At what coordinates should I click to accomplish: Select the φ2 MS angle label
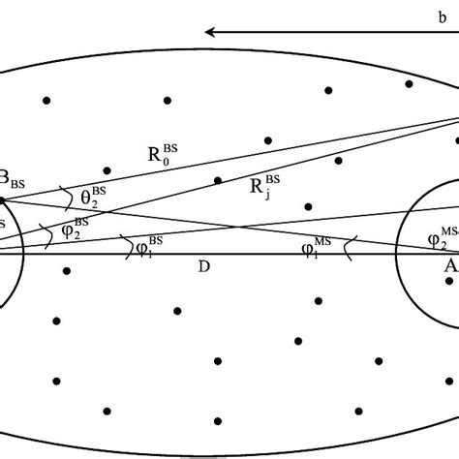pos(442,235)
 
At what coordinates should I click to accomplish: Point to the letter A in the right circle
pos(451,265)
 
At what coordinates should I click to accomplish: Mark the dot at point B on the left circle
pos(2,200)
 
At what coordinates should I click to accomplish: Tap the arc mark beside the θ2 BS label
pos(67,199)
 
